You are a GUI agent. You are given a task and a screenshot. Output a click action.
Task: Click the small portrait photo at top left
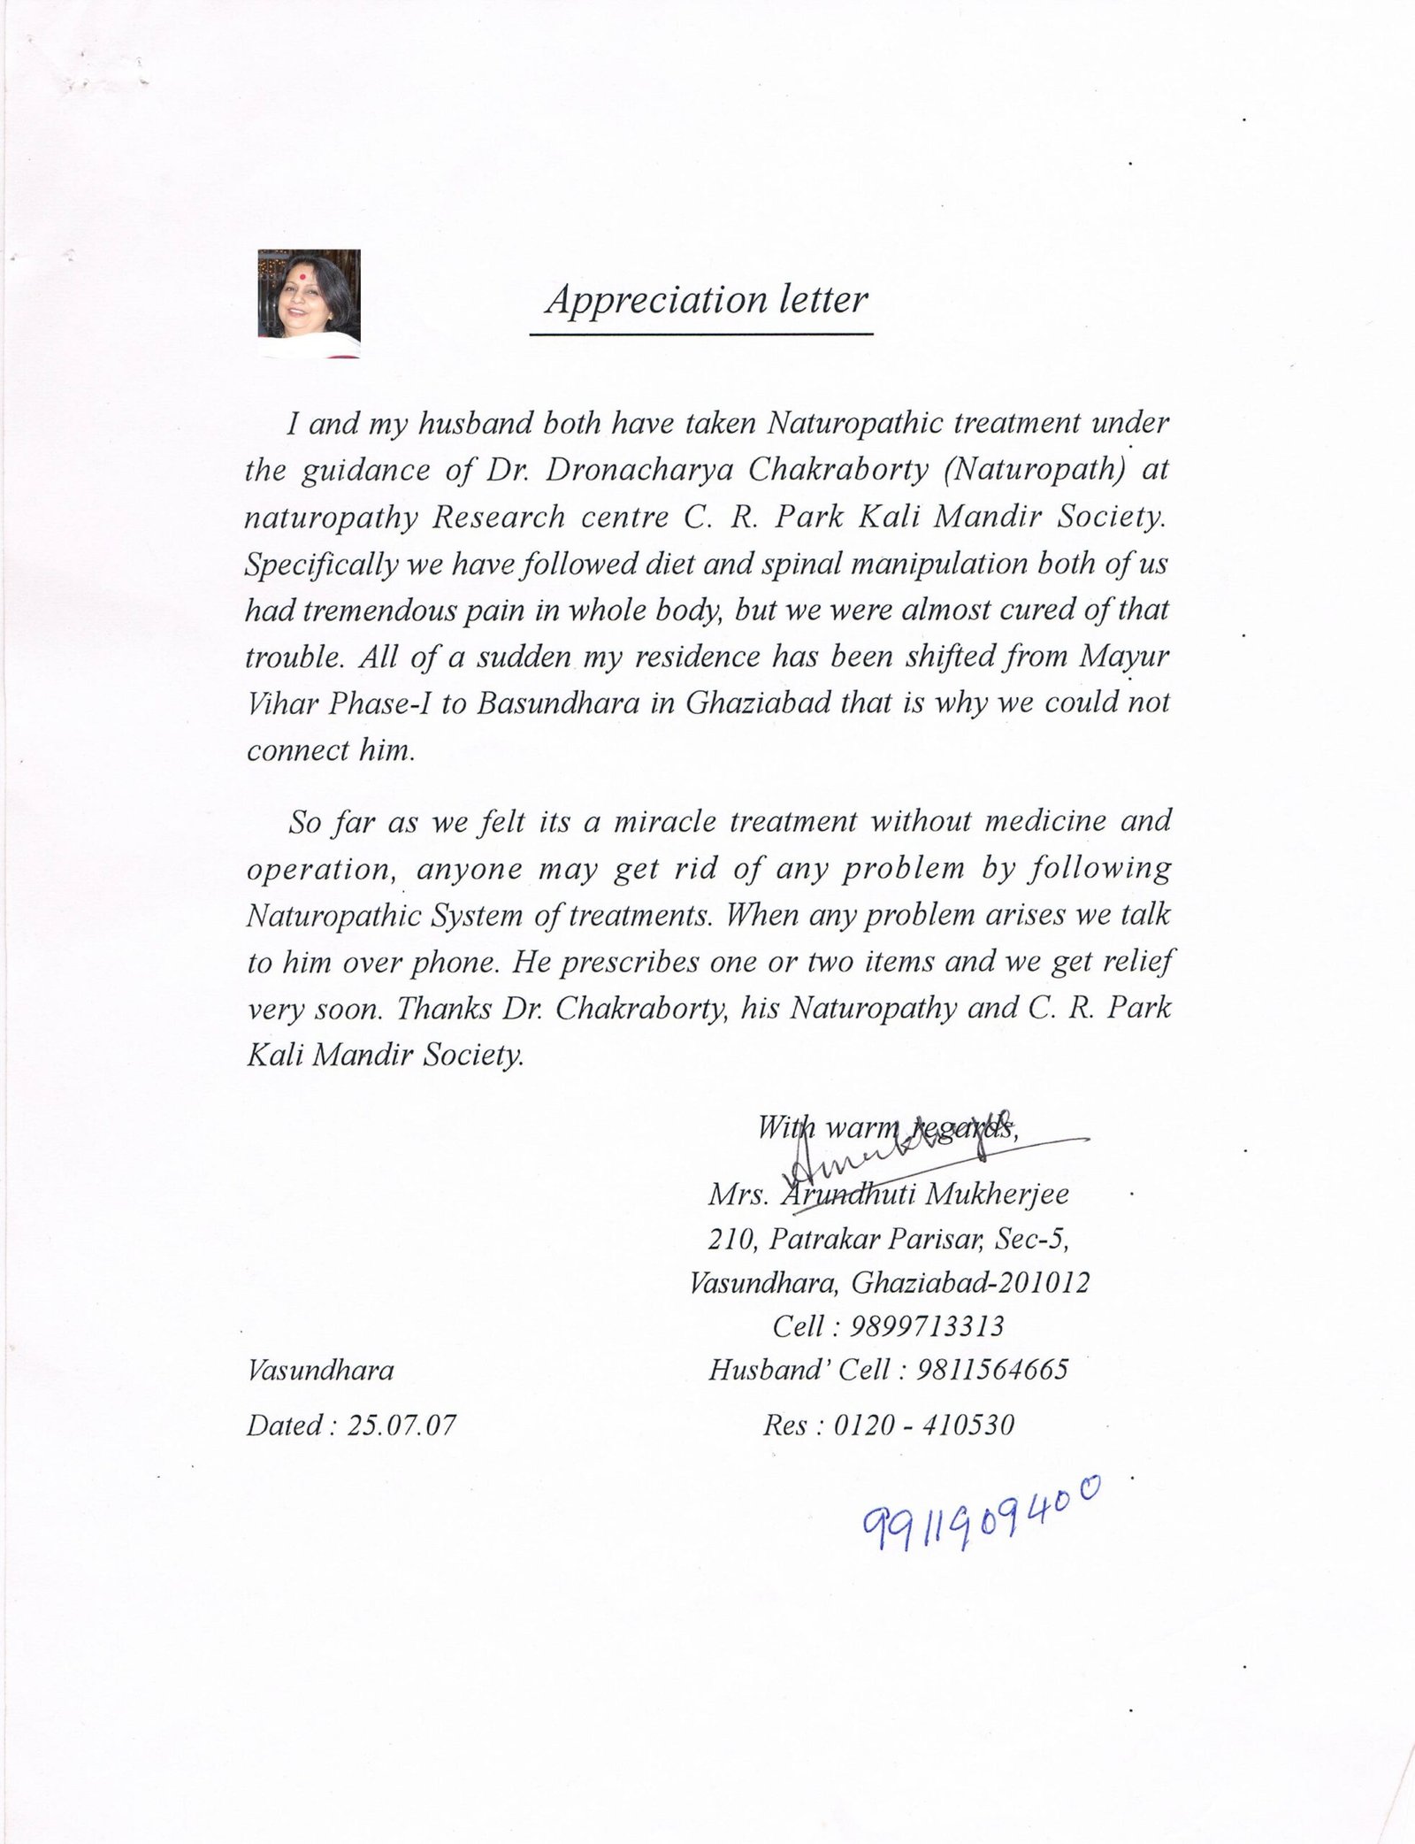point(309,303)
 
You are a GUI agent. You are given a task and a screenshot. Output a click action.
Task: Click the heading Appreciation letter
point(707,300)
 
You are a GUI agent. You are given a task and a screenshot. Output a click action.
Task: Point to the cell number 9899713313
point(927,1325)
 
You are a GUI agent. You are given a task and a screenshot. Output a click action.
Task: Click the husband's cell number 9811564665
point(992,1370)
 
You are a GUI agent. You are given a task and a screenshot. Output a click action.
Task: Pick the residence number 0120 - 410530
point(923,1425)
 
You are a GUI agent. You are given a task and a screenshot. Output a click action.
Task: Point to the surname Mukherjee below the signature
point(997,1195)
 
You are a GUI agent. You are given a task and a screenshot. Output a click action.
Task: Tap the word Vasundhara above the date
point(320,1371)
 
